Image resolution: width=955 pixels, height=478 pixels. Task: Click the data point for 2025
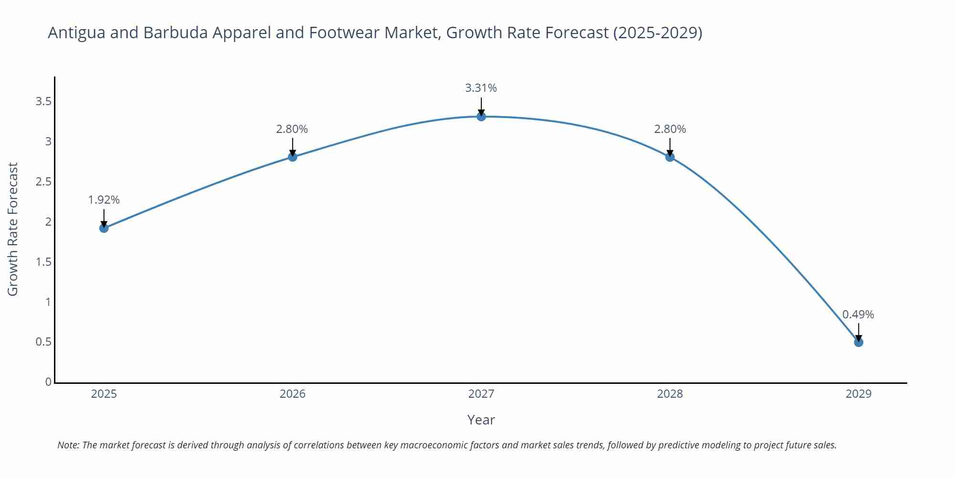[x=104, y=228]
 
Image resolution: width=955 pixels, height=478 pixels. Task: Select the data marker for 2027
[x=481, y=116]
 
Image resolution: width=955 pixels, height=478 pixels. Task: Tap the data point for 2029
[x=859, y=342]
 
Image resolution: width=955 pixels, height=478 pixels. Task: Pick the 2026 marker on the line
[x=293, y=157]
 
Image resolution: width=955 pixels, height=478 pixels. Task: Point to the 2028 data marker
[x=670, y=157]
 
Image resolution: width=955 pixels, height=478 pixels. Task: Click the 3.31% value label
[x=481, y=88]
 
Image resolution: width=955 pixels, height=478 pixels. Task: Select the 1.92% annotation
[x=104, y=200]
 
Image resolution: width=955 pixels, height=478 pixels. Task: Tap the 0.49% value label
[x=858, y=315]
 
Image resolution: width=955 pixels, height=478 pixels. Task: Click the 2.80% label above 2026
[x=292, y=129]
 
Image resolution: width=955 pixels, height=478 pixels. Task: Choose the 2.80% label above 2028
[x=670, y=129]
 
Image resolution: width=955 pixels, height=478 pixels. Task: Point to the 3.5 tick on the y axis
[x=43, y=101]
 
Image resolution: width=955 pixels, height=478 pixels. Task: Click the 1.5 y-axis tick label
[x=43, y=262]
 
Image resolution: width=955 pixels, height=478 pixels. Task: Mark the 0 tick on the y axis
[x=48, y=382]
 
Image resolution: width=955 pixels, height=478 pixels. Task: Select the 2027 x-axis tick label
[x=481, y=394]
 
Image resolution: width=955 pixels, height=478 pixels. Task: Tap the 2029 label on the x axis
[x=859, y=394]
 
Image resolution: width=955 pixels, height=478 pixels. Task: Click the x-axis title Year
[x=481, y=420]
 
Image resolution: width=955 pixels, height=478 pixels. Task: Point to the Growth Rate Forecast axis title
[x=13, y=229]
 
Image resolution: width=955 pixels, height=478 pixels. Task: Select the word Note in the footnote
[x=68, y=445]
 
